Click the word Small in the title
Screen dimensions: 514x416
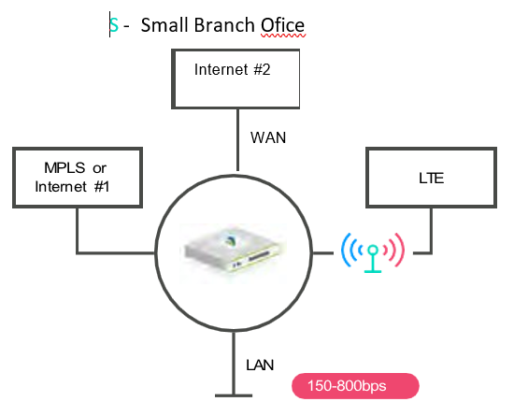pos(164,25)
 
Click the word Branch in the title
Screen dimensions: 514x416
pos(224,25)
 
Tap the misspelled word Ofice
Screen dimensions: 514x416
pos(282,25)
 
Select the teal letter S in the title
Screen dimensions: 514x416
pos(114,25)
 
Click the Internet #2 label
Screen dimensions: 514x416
pos(232,69)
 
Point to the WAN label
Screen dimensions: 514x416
pos(268,137)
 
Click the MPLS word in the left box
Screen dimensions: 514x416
pos(64,168)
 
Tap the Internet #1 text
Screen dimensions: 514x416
pos(72,187)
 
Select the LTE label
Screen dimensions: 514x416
pos(432,179)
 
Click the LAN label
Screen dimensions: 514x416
pos(260,366)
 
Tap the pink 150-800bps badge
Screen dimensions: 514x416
pos(355,386)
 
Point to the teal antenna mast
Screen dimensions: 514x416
pos(373,259)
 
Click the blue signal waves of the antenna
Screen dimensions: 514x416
pos(350,251)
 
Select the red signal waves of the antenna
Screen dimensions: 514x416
pos(394,250)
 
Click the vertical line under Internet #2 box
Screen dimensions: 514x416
pos(237,140)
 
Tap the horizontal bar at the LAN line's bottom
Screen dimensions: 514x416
pos(234,395)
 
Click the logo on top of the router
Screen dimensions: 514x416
pos(231,241)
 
